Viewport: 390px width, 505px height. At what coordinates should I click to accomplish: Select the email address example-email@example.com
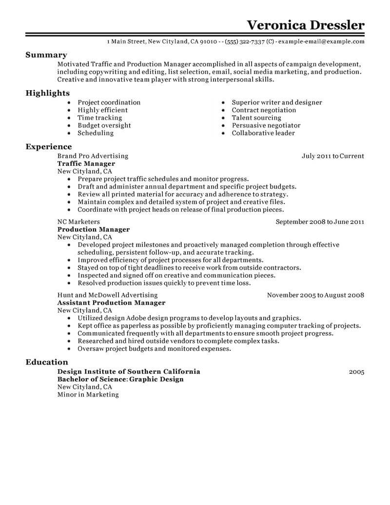pyautogui.click(x=321, y=42)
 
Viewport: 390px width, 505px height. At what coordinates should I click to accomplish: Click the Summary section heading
pyautogui.click(x=46, y=55)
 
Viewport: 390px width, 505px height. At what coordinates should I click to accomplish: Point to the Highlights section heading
pyautogui.click(x=48, y=93)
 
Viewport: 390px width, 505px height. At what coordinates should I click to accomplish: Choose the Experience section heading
pyautogui.click(x=48, y=147)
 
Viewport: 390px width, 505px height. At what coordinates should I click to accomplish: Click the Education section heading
pyautogui.click(x=46, y=362)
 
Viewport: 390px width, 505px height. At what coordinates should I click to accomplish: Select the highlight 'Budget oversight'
pyautogui.click(x=104, y=125)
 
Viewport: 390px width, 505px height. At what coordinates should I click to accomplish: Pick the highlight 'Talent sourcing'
pyautogui.click(x=256, y=118)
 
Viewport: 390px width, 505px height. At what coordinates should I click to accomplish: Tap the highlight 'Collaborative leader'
pyautogui.click(x=263, y=133)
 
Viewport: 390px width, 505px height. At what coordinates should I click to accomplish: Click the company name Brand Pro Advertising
pyautogui.click(x=93, y=156)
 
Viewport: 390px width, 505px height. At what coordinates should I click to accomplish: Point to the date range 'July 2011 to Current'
pyautogui.click(x=333, y=156)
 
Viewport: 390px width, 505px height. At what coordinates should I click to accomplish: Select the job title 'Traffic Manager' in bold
pyautogui.click(x=86, y=164)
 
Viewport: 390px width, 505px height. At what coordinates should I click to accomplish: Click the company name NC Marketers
pyautogui.click(x=78, y=222)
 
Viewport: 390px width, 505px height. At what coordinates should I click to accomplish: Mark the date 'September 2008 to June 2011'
pyautogui.click(x=320, y=222)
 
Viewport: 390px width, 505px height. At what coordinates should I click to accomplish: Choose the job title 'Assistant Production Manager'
pyautogui.click(x=111, y=303)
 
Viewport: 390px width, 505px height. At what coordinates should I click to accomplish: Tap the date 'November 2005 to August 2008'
pyautogui.click(x=316, y=295)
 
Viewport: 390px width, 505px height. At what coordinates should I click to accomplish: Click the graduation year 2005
pyautogui.click(x=357, y=372)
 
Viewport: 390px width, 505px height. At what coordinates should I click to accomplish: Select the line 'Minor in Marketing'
pyautogui.click(x=88, y=394)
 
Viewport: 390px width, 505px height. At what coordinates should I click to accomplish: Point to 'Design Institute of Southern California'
pyautogui.click(x=129, y=371)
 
